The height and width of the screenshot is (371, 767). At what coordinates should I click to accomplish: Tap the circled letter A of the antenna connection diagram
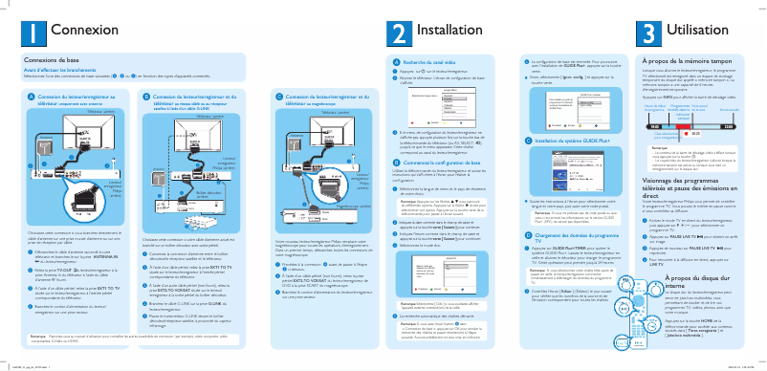tap(31, 97)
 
